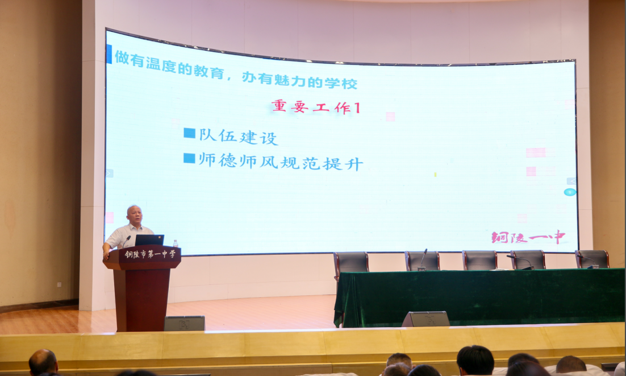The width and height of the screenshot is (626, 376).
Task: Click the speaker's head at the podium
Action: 134,215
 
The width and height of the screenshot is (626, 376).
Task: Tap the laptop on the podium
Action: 149,240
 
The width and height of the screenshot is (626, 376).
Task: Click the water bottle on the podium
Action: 176,243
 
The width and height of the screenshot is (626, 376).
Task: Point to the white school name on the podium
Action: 150,254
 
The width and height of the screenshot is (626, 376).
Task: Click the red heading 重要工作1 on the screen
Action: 316,107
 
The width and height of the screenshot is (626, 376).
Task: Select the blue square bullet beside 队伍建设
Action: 189,133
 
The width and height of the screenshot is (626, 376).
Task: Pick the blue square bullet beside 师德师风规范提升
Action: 189,158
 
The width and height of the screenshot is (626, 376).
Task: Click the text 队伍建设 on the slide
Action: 239,137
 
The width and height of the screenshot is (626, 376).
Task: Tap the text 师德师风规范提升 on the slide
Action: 281,162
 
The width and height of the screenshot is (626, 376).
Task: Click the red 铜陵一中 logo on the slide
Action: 528,237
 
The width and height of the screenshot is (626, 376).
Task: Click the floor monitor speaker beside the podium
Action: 185,323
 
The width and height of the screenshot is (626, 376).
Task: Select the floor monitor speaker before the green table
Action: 425,319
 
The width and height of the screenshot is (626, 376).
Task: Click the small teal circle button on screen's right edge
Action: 570,192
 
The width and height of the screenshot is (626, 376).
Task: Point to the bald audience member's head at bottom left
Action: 43,362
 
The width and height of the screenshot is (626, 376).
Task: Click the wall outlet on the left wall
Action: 59,284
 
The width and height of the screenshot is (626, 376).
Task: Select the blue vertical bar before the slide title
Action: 109,54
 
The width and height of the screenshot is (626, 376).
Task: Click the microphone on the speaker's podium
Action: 126,241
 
